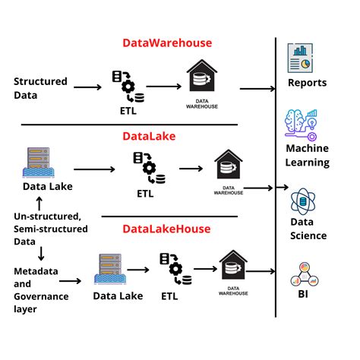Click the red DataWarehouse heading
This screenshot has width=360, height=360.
point(167,43)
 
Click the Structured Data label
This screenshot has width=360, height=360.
point(40,88)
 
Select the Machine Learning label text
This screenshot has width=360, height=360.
point(308,155)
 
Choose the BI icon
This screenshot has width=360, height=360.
point(302,273)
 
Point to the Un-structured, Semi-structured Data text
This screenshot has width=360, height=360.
point(47,228)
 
